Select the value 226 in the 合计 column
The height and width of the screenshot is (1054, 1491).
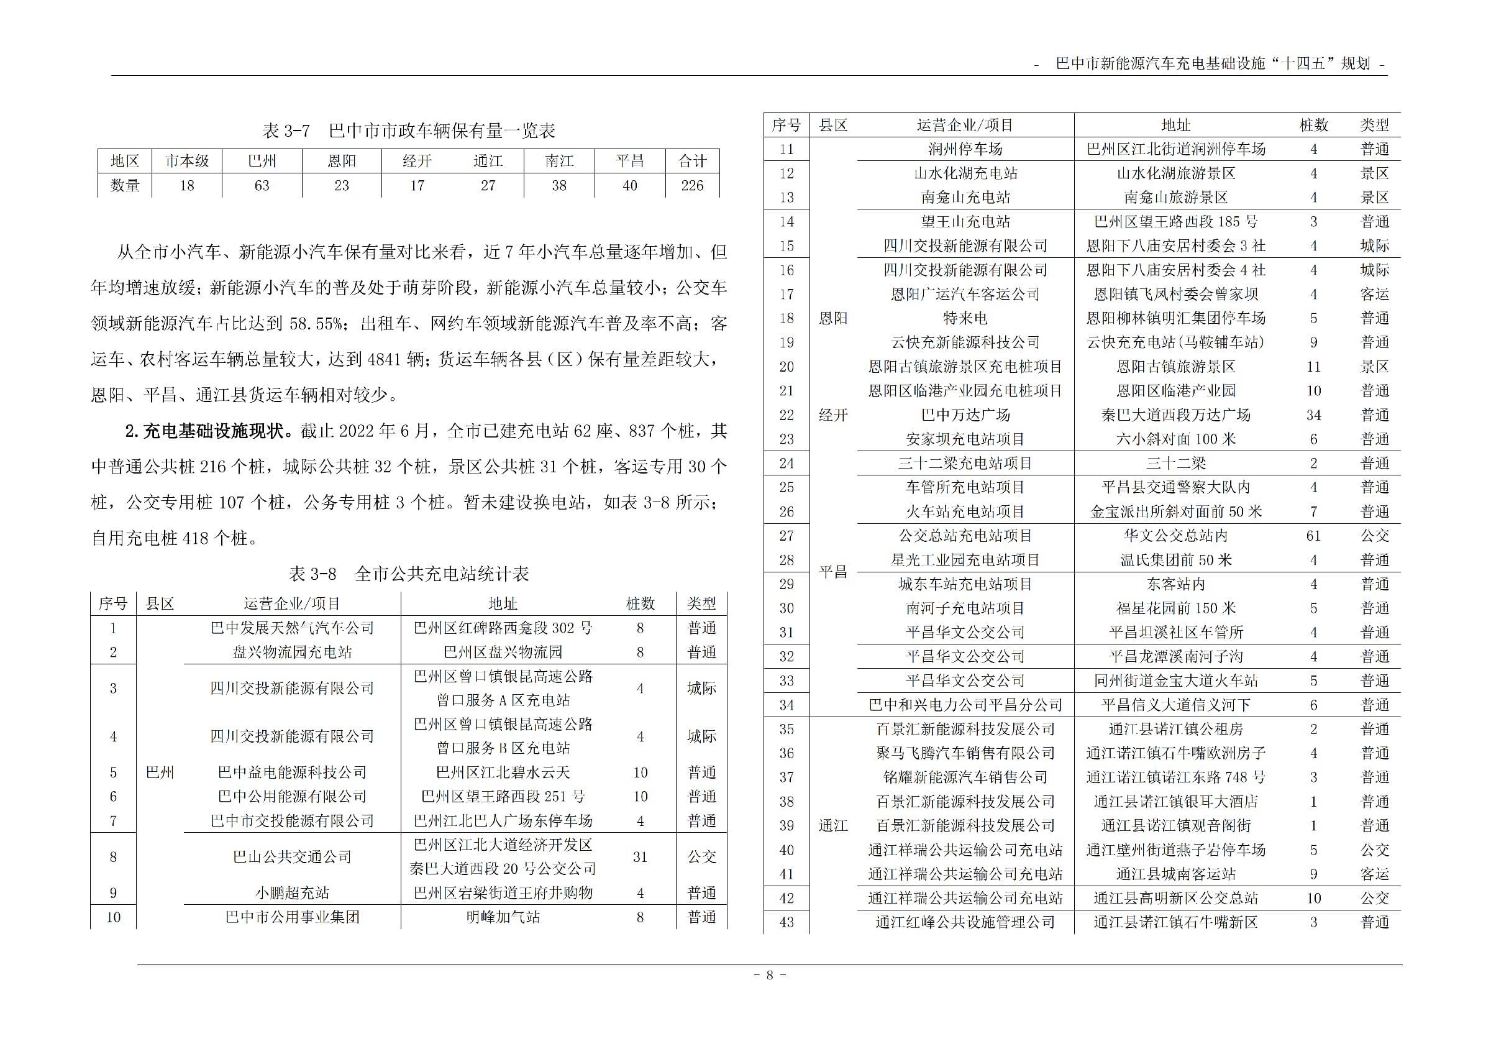[x=691, y=186]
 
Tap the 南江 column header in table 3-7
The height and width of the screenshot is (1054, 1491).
[x=559, y=161]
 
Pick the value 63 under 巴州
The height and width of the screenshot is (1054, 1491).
[x=262, y=186]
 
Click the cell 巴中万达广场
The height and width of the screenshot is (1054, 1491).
[x=965, y=415]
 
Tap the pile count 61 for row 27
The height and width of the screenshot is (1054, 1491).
[x=1313, y=536]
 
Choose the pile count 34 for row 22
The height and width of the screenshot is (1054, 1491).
[x=1313, y=415]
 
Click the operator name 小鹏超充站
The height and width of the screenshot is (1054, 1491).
[x=292, y=893]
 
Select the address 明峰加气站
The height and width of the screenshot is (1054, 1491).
[x=503, y=917]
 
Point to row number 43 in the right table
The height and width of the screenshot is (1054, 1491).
[x=787, y=922]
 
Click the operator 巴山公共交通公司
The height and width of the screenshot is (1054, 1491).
[x=292, y=856]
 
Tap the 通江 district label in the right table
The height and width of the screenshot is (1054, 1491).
[x=833, y=826]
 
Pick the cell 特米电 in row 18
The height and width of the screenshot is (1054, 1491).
[x=965, y=318]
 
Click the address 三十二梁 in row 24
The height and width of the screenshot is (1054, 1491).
[x=1175, y=464]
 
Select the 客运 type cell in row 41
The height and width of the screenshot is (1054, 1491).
[x=1374, y=874]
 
